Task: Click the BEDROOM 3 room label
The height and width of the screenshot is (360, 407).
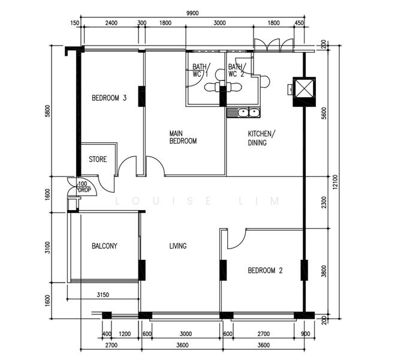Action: click(109, 98)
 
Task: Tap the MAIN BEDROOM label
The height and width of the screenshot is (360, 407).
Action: click(183, 137)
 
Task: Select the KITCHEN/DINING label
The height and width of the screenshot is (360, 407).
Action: click(261, 138)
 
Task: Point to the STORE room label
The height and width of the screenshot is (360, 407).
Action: click(98, 159)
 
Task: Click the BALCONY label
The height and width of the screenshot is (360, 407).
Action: click(104, 246)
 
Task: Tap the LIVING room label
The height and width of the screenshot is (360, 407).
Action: click(178, 246)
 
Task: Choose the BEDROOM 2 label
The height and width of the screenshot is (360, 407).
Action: click(265, 271)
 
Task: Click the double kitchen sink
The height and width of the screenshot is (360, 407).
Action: click(243, 112)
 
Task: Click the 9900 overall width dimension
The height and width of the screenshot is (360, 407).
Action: click(192, 13)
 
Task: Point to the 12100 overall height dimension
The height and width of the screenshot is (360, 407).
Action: click(335, 182)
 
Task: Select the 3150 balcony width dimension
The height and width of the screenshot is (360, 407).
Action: click(102, 295)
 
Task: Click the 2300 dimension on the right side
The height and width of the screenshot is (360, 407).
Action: click(324, 202)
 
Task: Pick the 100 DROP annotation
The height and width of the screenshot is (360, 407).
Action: click(84, 187)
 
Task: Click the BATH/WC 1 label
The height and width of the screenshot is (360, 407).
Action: click(201, 70)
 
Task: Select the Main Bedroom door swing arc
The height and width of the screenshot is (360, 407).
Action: click(158, 163)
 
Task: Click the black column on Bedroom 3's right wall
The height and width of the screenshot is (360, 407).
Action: click(141, 97)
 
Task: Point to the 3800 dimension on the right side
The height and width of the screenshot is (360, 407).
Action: click(324, 271)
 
